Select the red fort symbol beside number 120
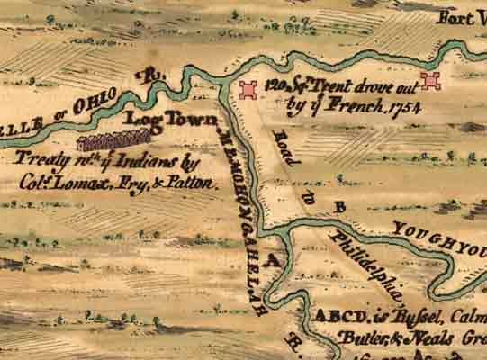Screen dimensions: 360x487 pyautogui.click(x=248, y=89)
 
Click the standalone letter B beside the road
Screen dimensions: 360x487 pyautogui.click(x=340, y=207)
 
